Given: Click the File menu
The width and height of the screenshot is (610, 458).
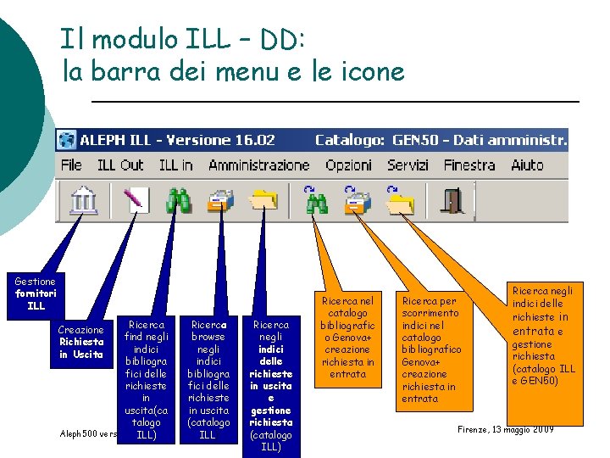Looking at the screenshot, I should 71,165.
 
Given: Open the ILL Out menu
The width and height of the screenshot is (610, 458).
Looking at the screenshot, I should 120,165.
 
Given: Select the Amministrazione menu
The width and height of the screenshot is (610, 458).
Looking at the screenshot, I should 259,165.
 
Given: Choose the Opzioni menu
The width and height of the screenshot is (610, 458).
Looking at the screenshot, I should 348,165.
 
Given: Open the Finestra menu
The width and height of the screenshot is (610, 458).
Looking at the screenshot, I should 469,165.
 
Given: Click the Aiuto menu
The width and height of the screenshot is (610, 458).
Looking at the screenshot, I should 528,165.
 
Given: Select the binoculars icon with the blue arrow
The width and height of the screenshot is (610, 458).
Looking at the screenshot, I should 315,200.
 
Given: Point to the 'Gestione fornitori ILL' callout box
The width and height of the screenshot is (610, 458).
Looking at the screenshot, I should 35,293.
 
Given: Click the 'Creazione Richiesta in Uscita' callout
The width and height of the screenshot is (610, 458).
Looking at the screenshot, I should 81,342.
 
